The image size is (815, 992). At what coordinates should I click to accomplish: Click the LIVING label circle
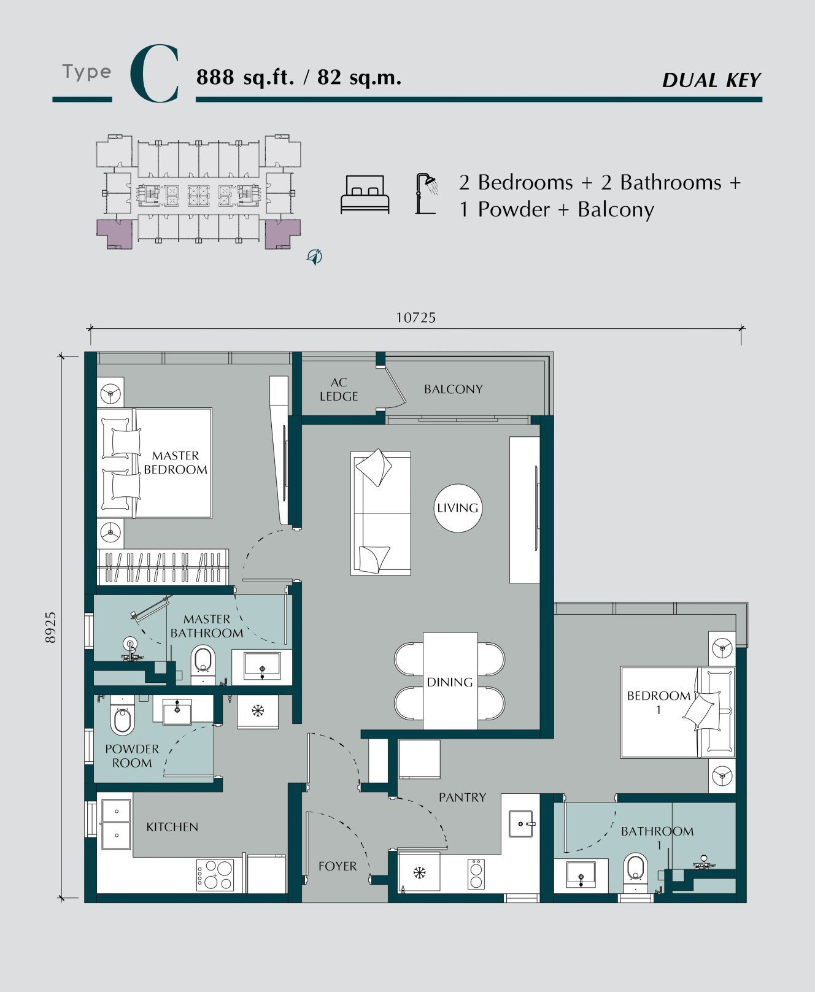coord(458,508)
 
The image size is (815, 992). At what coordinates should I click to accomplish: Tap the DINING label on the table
coord(450,682)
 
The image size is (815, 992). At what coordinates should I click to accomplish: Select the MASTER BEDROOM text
coord(176,463)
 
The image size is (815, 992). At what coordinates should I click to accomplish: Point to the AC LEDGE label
coord(339,389)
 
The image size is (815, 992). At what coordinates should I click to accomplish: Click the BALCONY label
coord(454,389)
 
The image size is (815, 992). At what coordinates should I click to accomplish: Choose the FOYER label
coord(338,866)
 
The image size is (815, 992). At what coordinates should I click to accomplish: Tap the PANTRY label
coord(462,798)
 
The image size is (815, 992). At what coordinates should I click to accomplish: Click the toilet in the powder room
coord(122,715)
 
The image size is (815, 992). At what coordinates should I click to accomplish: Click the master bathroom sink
coord(262,666)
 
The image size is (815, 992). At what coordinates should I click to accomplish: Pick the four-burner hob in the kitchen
coord(215,875)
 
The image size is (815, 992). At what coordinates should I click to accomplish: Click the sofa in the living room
coord(380,513)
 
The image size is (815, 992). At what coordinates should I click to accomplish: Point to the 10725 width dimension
coord(416,317)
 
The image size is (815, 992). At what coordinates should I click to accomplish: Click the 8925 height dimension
coord(50,627)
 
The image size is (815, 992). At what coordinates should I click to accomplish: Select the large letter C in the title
coord(155,74)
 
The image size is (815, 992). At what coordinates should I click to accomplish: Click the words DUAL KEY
coord(712,80)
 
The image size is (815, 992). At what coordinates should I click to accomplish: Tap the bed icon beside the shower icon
coord(365,194)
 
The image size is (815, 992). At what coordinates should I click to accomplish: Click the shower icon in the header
coord(427,193)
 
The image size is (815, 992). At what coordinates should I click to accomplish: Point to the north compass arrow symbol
coord(315,256)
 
